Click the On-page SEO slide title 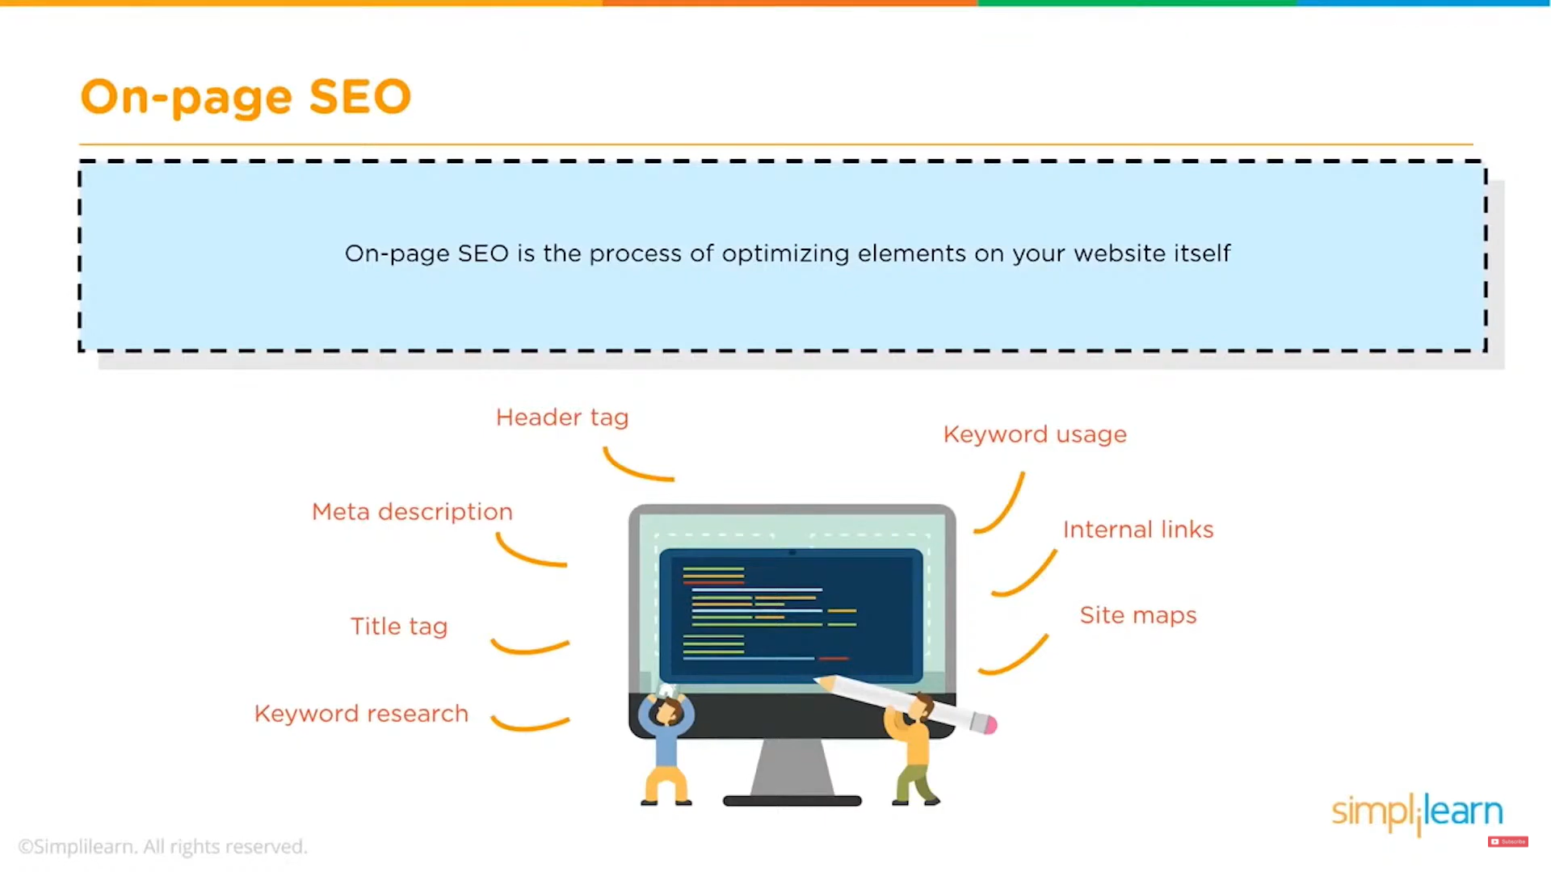click(x=246, y=97)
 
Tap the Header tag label click(x=562, y=417)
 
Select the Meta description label click(x=412, y=512)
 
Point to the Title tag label click(x=399, y=627)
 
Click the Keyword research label click(x=361, y=714)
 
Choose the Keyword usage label click(x=1035, y=434)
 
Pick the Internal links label click(x=1138, y=530)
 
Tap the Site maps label click(x=1138, y=615)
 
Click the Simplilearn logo click(x=1417, y=812)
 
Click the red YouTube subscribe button click(x=1507, y=841)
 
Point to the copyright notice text click(x=162, y=846)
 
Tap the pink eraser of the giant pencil click(x=990, y=724)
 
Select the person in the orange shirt click(x=912, y=750)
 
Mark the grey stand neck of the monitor click(x=792, y=767)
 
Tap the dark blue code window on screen click(x=791, y=615)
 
